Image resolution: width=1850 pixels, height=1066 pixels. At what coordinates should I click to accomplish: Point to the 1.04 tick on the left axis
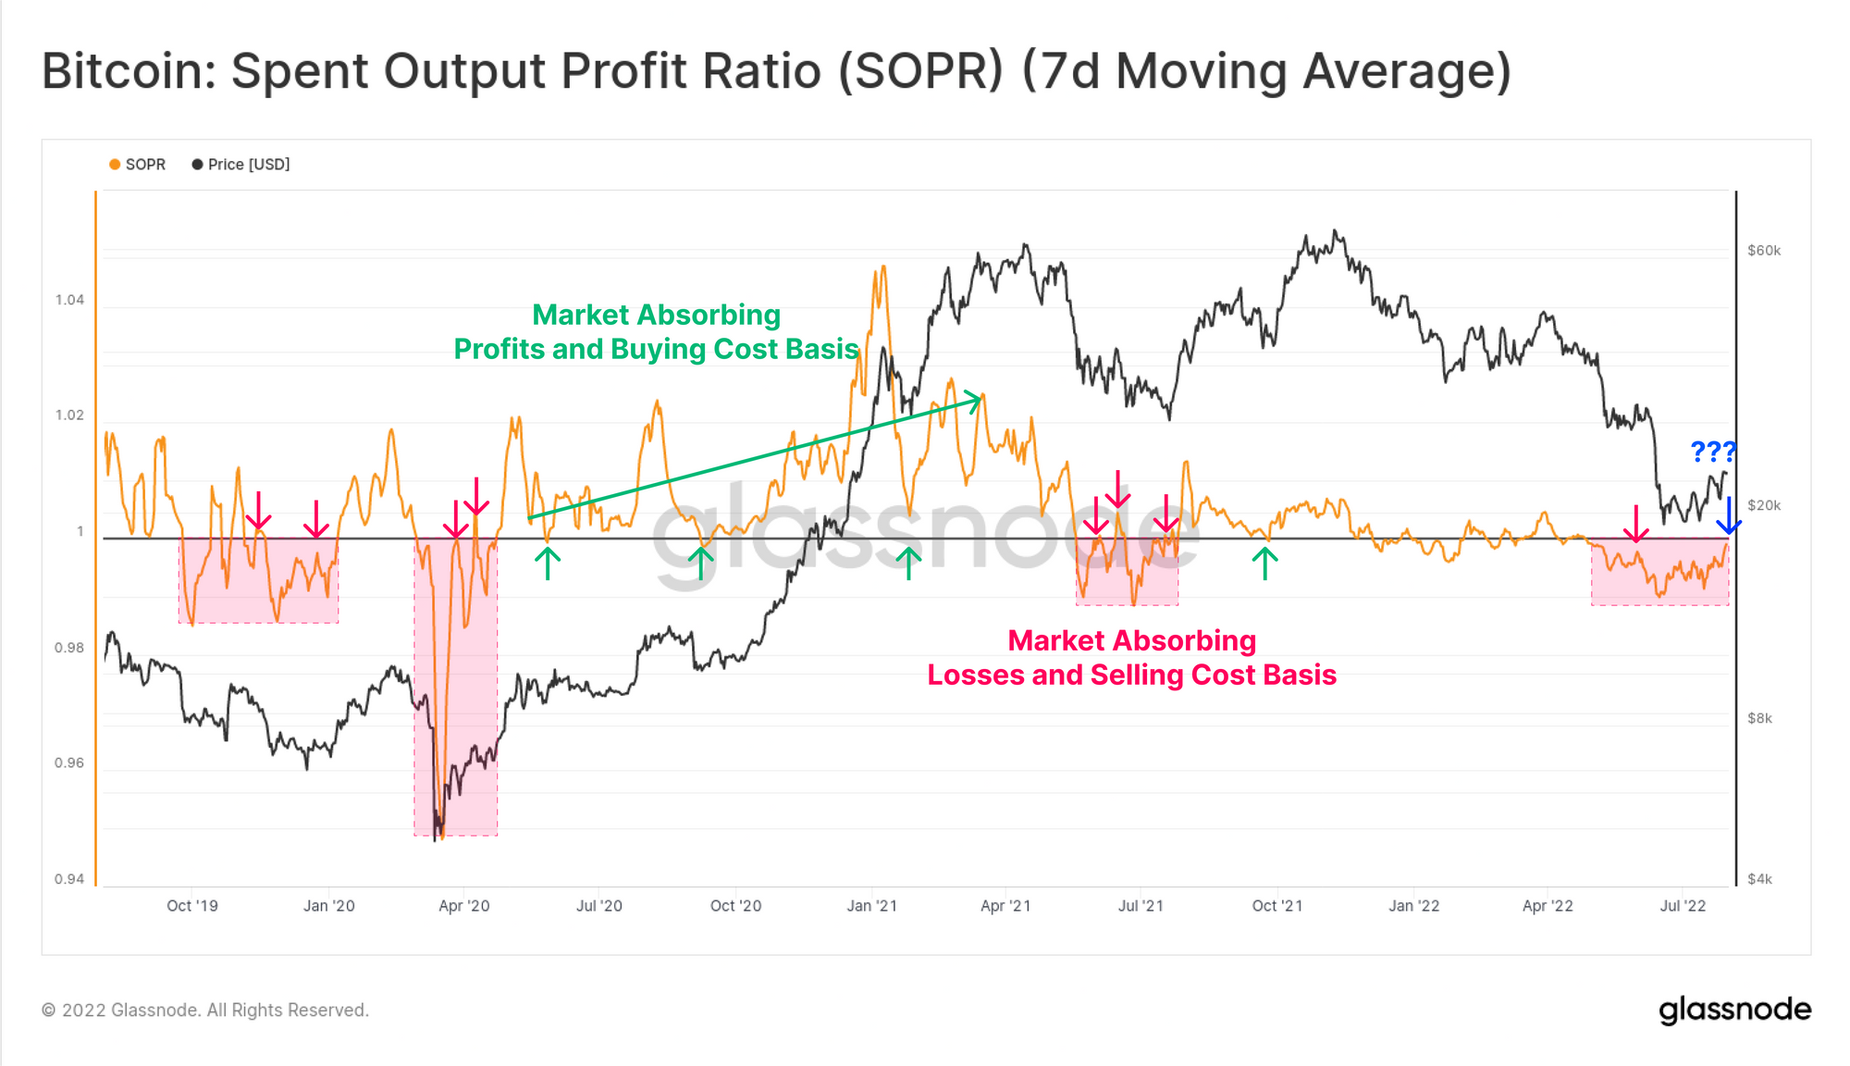coord(69,300)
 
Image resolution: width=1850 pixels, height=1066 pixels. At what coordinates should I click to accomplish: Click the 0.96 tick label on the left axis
coord(69,763)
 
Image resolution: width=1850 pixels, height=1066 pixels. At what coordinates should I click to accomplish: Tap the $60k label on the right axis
coord(1763,251)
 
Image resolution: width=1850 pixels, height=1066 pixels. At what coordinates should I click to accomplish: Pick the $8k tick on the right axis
coord(1759,718)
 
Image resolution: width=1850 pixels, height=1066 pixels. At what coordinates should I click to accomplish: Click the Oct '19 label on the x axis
coord(192,906)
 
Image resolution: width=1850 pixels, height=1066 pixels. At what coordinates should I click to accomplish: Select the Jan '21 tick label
coord(871,906)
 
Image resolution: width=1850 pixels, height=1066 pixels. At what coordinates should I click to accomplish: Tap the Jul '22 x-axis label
coord(1683,906)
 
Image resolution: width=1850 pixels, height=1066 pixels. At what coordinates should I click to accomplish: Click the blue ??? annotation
coord(1713,452)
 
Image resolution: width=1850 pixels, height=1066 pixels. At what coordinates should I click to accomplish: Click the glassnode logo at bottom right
coord(1734,1010)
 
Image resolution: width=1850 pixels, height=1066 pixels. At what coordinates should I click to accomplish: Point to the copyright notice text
coord(205,1010)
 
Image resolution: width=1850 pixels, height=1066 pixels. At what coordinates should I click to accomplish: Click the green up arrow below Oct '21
coord(1264,563)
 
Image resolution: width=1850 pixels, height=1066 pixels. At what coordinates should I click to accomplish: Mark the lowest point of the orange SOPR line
coord(442,837)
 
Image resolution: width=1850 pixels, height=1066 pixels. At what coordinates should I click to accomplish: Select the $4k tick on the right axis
coord(1759,879)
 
